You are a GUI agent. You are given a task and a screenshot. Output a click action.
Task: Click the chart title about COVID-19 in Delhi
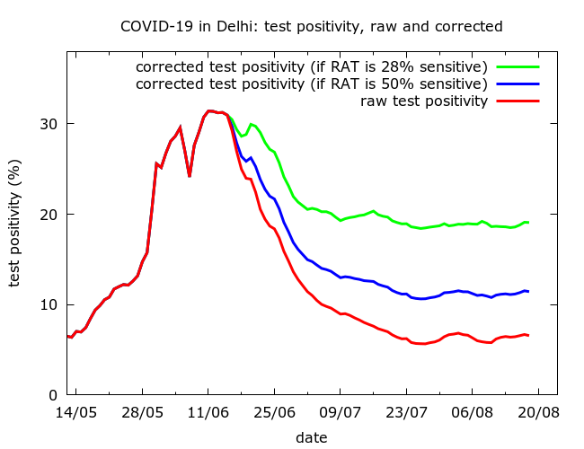(311, 27)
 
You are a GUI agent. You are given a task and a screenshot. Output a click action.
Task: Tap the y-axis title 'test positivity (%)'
(14, 224)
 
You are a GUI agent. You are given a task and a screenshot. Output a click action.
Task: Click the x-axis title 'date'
(311, 437)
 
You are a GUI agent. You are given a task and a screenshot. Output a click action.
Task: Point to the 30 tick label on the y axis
(50, 123)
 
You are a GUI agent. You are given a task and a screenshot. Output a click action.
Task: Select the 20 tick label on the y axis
(50, 214)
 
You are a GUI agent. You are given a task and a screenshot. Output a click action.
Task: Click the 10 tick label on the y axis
(50, 304)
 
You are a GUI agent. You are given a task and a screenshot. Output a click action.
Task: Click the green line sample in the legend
(517, 66)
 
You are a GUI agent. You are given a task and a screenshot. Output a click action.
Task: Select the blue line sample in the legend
(517, 84)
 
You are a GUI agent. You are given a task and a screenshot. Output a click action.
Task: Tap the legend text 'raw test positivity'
(424, 101)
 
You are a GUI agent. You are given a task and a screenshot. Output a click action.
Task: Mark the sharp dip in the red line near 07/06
(190, 175)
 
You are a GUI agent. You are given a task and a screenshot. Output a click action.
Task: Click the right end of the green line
(527, 222)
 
